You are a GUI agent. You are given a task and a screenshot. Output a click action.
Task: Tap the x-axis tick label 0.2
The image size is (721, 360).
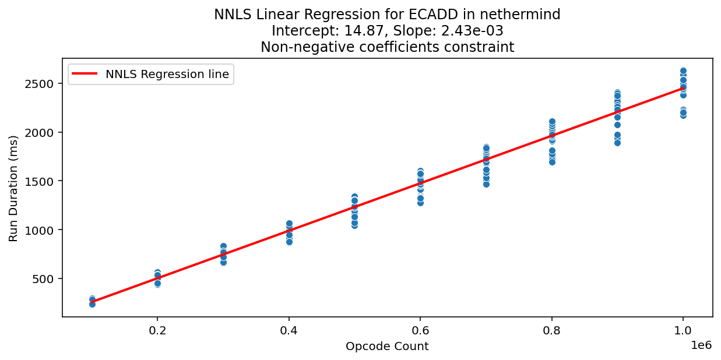point(157,329)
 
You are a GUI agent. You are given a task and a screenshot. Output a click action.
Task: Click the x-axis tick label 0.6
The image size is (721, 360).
point(420,329)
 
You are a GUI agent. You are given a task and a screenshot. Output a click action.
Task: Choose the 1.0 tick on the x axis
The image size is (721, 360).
point(683,329)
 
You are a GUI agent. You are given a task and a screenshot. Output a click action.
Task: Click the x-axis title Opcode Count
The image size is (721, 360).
point(387,347)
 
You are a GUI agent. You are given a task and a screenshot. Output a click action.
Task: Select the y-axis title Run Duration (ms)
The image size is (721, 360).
point(13,188)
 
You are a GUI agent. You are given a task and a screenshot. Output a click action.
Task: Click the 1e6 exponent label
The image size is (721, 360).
point(701,344)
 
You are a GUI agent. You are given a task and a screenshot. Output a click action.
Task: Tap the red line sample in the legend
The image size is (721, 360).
point(86,74)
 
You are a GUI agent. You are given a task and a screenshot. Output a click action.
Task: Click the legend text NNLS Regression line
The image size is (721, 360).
point(167,74)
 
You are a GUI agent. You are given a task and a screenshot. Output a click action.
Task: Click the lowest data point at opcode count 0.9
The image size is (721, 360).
point(617,143)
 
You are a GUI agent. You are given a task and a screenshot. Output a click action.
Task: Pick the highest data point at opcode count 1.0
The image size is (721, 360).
point(683,70)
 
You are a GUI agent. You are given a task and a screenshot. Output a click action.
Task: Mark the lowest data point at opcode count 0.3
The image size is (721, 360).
point(223,262)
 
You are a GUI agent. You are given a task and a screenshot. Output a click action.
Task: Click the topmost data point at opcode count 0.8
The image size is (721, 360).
point(552,122)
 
